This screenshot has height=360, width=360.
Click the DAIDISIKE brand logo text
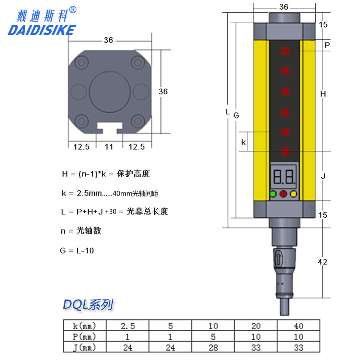(42, 30)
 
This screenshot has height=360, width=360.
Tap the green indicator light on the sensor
(273, 194)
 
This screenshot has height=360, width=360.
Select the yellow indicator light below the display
(294, 194)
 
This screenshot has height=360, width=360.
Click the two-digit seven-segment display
(283, 177)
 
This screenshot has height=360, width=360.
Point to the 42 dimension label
(322, 262)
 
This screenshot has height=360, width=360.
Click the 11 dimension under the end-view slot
(109, 147)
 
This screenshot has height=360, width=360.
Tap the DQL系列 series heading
(88, 305)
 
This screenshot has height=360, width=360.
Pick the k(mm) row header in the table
(84, 326)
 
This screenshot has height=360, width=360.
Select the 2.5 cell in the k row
(128, 326)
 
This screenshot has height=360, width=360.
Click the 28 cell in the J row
(213, 348)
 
